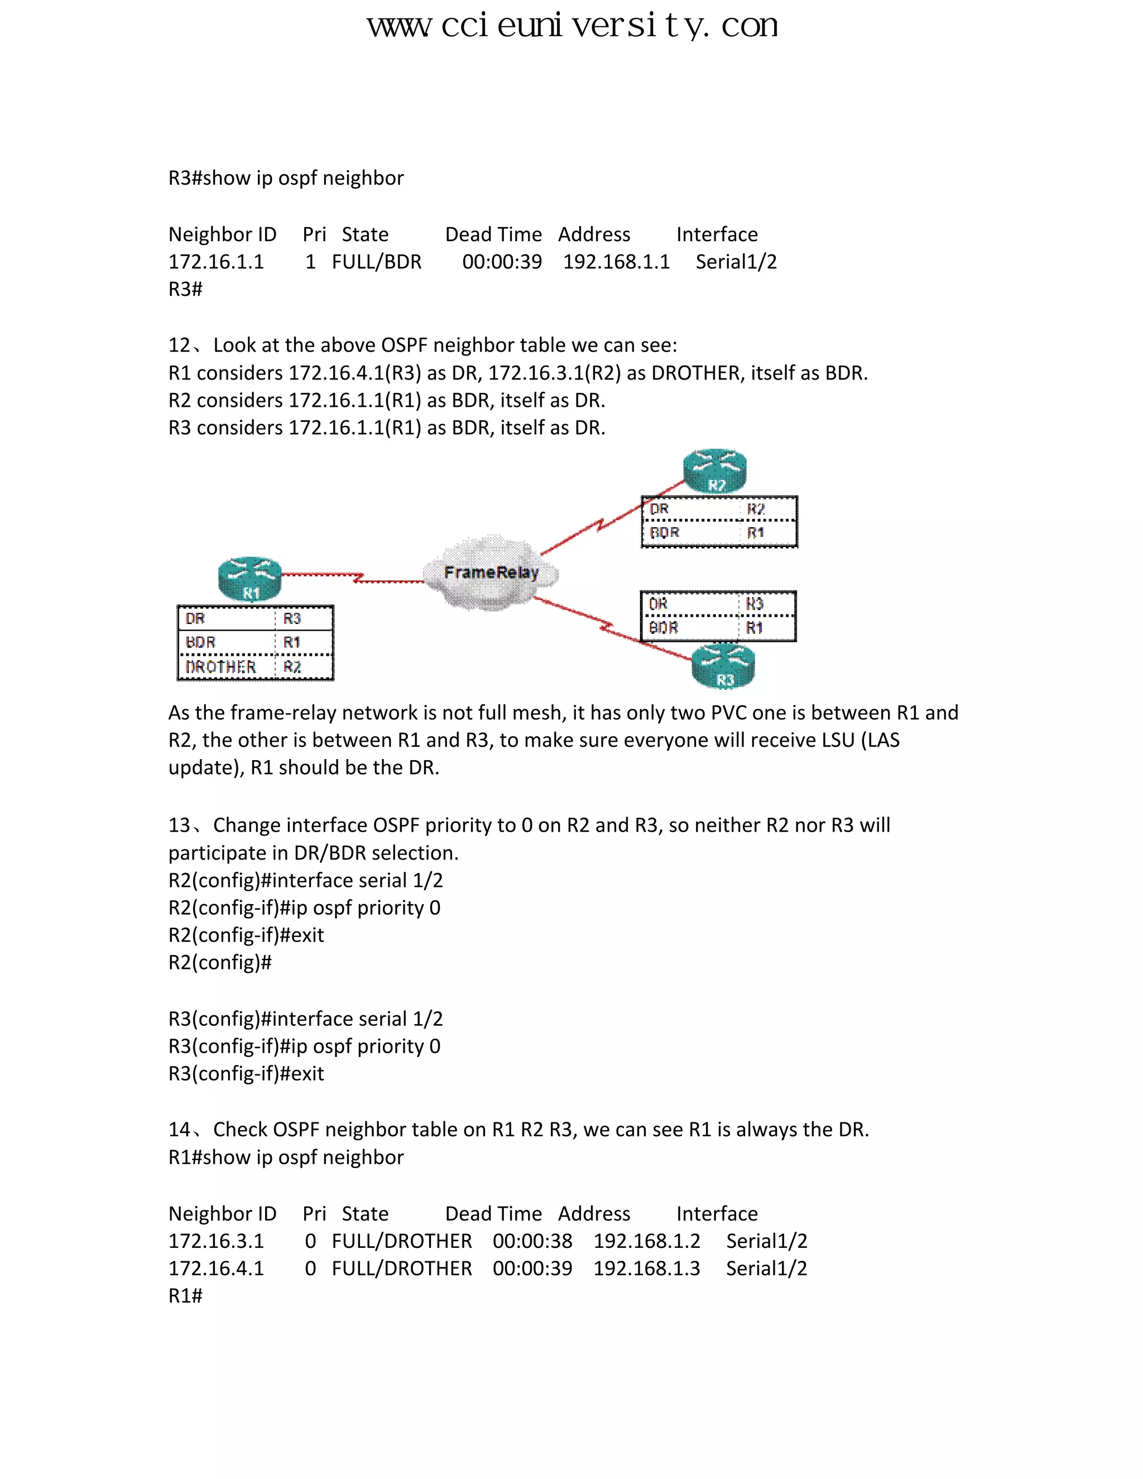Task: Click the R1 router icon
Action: pos(249,579)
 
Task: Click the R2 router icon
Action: pos(715,470)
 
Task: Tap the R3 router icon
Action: pos(723,666)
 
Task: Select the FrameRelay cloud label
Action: pos(491,573)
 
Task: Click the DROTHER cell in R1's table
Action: pos(221,667)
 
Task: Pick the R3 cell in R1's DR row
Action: pos(292,618)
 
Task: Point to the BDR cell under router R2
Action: pos(664,533)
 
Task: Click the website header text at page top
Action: pos(572,26)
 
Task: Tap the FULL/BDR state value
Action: pos(377,262)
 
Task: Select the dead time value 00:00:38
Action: pos(532,1241)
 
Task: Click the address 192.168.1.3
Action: pos(647,1269)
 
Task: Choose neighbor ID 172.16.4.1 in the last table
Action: pos(216,1269)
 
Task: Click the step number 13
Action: pos(180,825)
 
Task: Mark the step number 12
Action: pos(180,345)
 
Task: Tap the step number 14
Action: pos(180,1130)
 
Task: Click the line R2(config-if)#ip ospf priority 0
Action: pos(304,907)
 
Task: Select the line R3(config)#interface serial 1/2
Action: pos(305,1019)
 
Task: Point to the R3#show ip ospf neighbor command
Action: pos(286,178)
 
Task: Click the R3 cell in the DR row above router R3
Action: pos(755,603)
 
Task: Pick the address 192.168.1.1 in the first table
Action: pos(616,262)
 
